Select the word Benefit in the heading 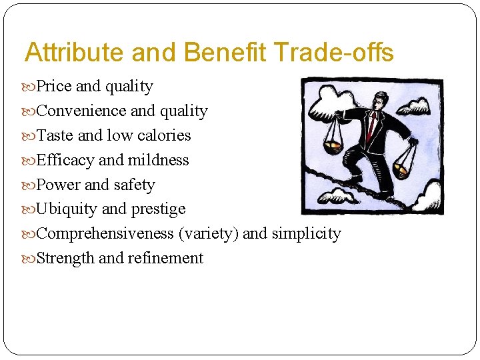225,53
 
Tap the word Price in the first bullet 55,87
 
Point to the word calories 164,136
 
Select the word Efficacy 65,161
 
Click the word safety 135,185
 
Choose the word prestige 158,209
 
